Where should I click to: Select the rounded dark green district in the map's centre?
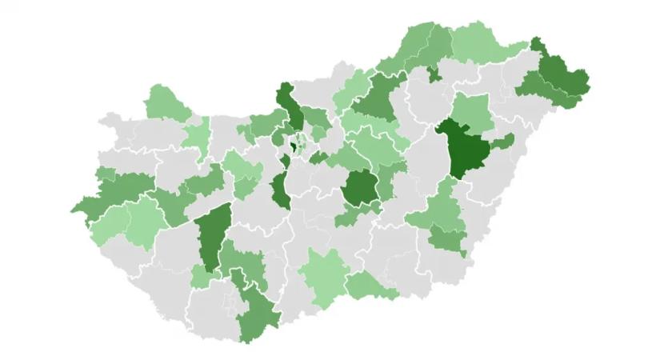[x=361, y=189]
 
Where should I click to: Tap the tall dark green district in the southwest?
[x=213, y=236]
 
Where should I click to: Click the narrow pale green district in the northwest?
[x=196, y=136]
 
